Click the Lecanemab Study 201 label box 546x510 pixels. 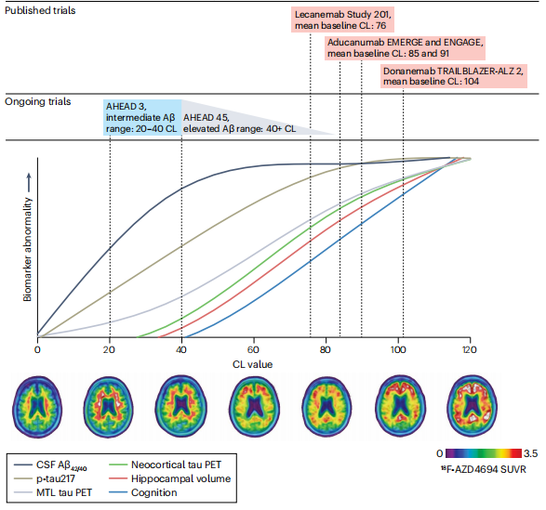[342, 20]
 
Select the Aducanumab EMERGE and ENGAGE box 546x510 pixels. [405, 48]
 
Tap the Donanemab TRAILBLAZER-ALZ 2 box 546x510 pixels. [454, 76]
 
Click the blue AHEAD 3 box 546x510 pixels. [142, 118]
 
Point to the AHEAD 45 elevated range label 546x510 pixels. [240, 124]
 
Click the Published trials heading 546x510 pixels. [40, 10]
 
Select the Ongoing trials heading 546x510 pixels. [37, 101]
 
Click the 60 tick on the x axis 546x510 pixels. [253, 349]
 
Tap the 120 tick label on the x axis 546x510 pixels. [470, 349]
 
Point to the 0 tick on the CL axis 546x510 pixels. [37, 349]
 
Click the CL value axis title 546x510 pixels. [252, 364]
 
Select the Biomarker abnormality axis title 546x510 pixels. [27, 250]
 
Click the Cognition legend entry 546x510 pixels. [143, 492]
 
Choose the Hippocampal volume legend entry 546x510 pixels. [170, 478]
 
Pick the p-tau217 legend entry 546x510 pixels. [45, 478]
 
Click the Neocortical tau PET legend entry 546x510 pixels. [165, 464]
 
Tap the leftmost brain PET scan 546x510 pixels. [37, 406]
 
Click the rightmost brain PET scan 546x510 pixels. [472, 406]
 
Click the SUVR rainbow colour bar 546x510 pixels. [484, 453]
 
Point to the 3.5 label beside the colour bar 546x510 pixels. [530, 453]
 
